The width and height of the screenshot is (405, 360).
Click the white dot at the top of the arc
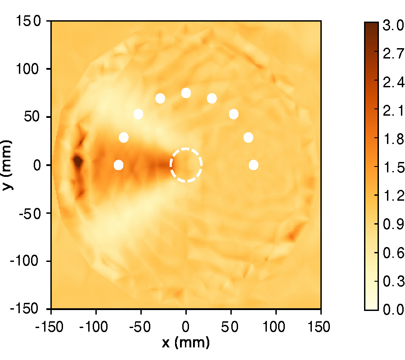coord(186,93)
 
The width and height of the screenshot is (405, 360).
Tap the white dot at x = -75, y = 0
coord(118,165)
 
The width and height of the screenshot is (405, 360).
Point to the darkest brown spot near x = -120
coord(77,161)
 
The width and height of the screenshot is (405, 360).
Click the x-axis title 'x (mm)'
coord(186,343)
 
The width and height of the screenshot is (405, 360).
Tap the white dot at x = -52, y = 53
coord(138,114)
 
